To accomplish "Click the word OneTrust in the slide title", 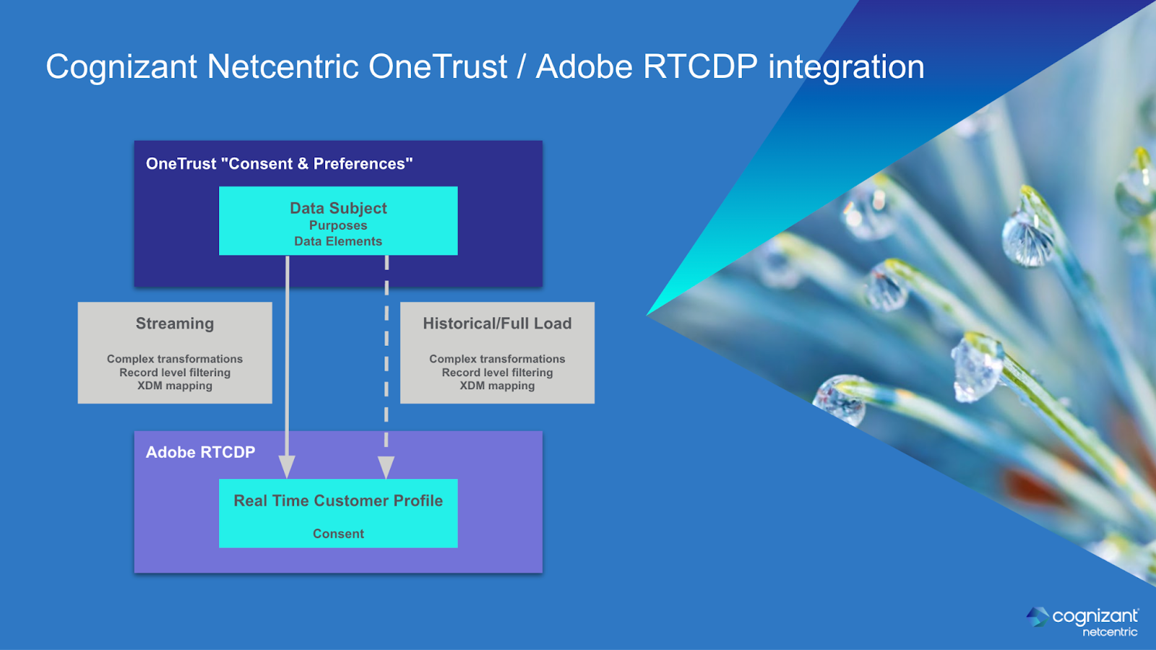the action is click(438, 67).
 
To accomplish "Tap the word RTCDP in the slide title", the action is click(700, 67).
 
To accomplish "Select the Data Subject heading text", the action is click(338, 209).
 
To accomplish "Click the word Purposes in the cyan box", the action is click(338, 226).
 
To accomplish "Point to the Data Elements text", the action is click(338, 241).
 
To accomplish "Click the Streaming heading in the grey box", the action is click(175, 324).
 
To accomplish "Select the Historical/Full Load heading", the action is click(498, 324).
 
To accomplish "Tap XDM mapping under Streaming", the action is click(175, 386).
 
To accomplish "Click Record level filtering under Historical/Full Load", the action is click(498, 373).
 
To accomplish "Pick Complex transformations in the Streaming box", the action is click(175, 359).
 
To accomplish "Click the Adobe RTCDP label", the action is click(200, 452).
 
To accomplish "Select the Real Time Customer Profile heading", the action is click(338, 501).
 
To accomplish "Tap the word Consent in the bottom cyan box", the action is click(338, 534).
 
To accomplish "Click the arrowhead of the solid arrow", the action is click(287, 467).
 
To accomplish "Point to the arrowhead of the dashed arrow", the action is click(386, 467).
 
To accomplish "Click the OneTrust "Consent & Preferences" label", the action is click(279, 164).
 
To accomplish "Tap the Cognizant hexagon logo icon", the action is click(1038, 617).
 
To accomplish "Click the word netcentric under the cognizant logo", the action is click(1110, 632).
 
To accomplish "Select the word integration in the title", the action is click(846, 68).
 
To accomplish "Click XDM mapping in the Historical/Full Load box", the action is click(498, 386).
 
